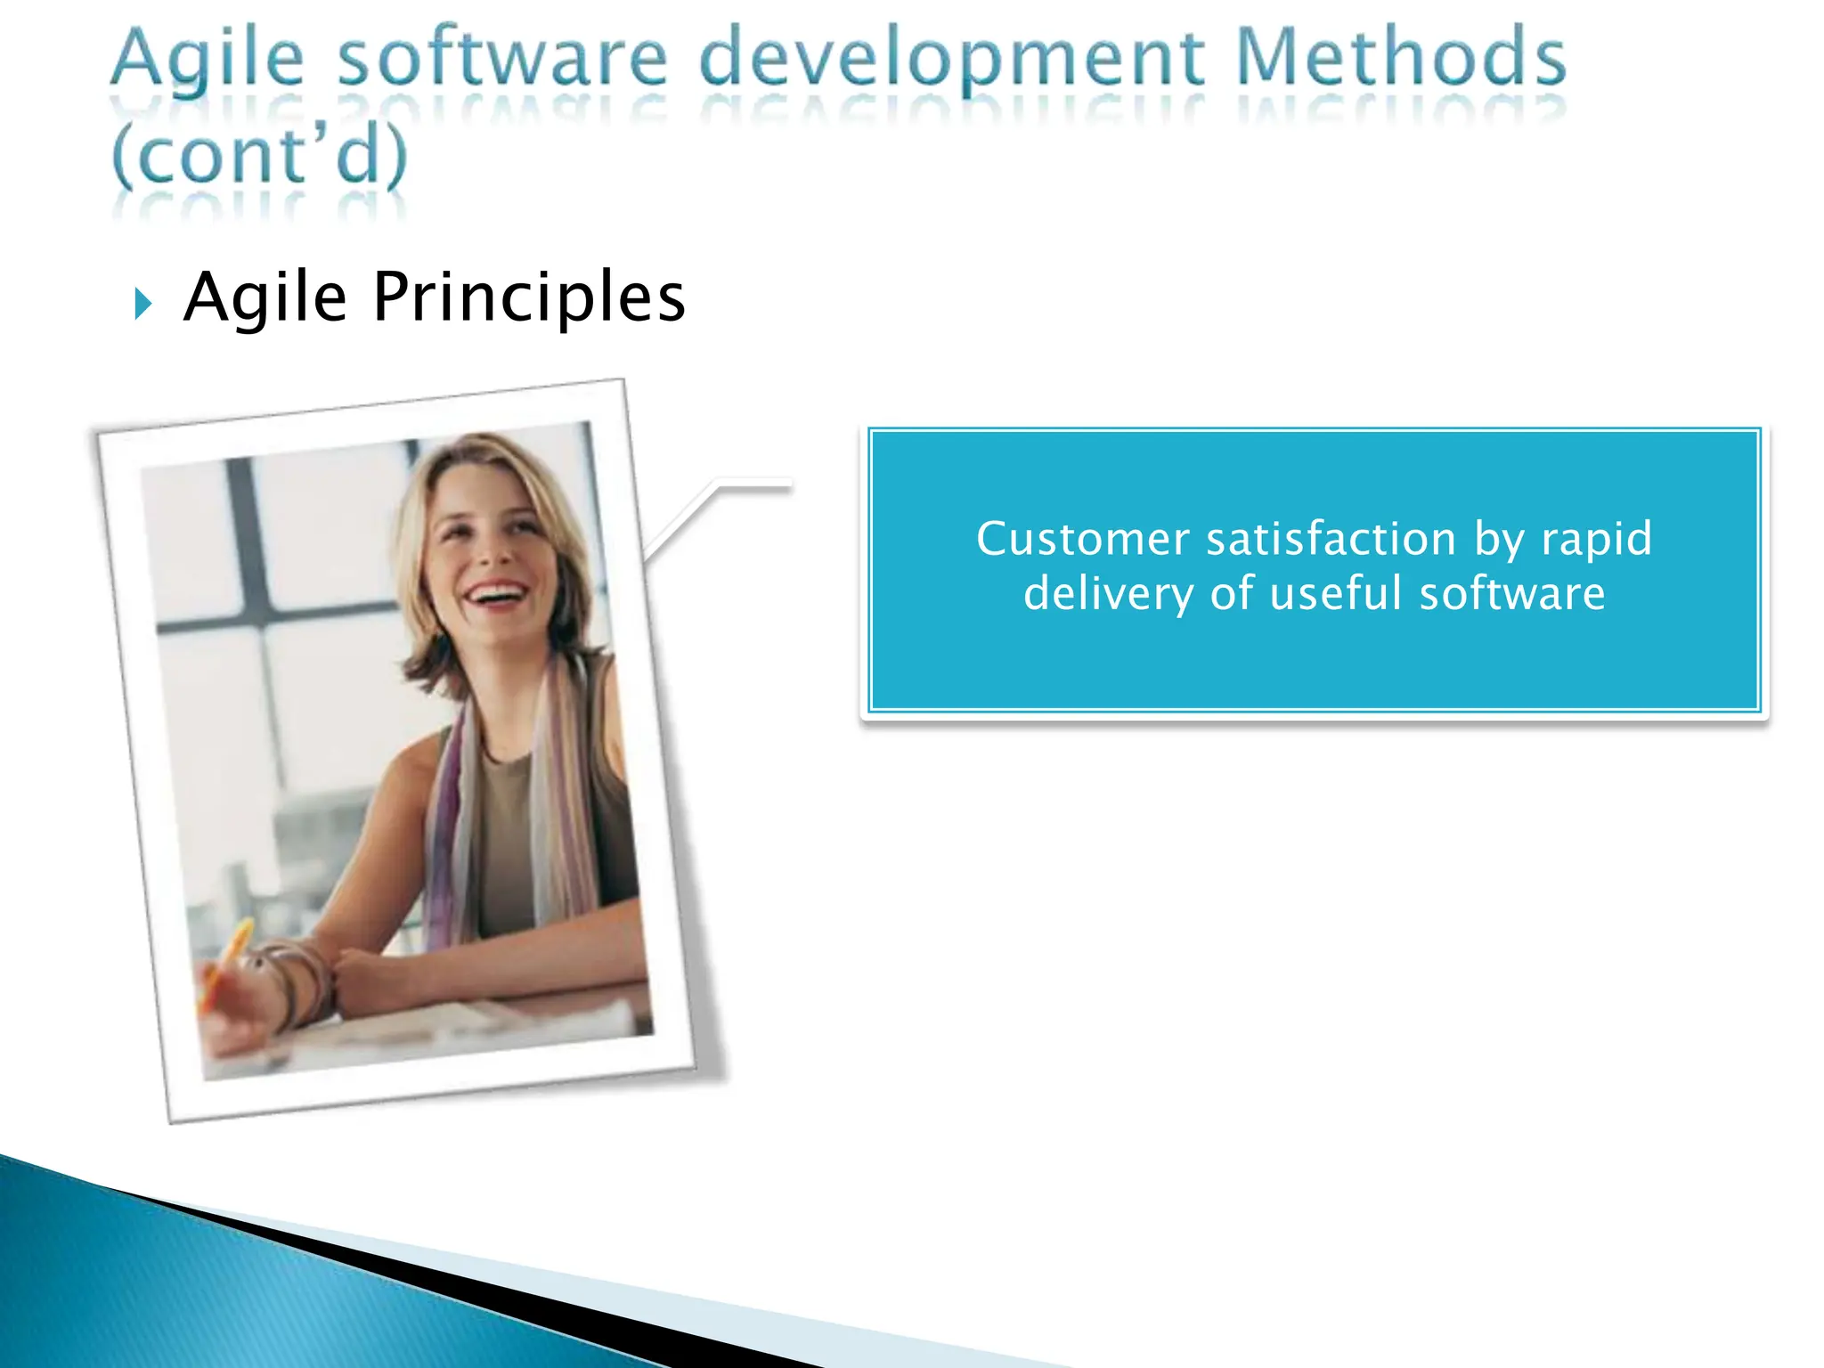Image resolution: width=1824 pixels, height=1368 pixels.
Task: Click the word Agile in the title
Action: [x=207, y=59]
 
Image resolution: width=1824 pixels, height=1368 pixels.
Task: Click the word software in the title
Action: [x=502, y=59]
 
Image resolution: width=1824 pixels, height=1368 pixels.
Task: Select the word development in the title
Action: [x=951, y=61]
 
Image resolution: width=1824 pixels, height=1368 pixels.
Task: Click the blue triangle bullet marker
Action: [x=143, y=304]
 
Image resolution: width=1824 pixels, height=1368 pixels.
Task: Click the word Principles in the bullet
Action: [x=529, y=297]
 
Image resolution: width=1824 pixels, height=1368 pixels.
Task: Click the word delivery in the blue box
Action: [x=1108, y=594]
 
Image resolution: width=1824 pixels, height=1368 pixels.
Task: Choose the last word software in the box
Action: [x=1511, y=594]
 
